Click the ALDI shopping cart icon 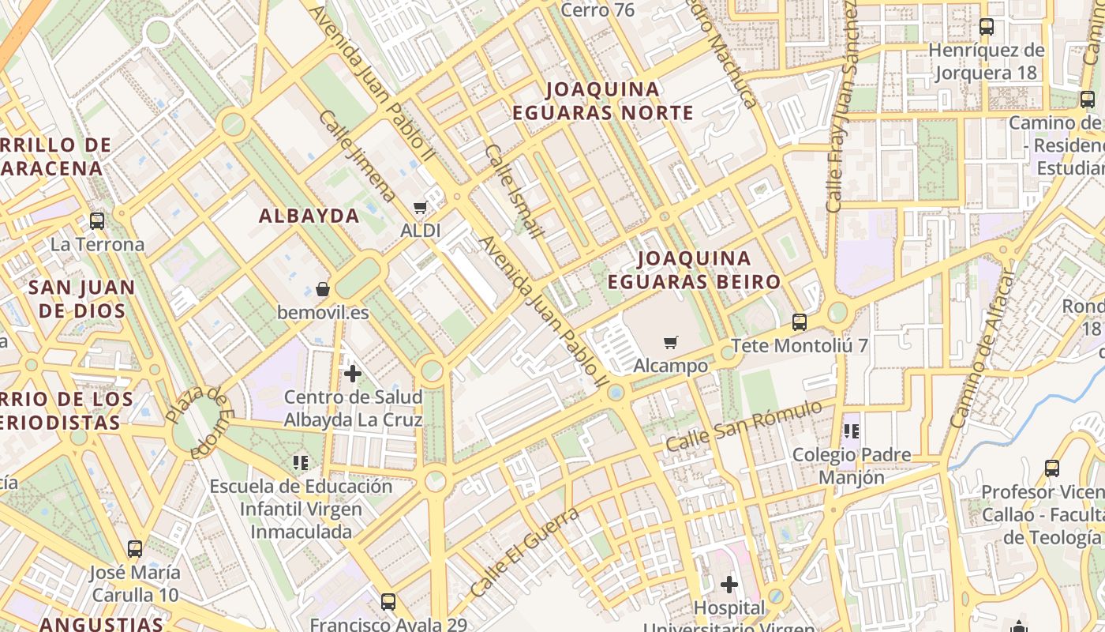421,208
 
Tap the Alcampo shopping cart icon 670,342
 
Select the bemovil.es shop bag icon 322,289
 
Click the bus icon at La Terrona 97,221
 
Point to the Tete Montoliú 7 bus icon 800,322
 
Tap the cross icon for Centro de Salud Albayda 353,373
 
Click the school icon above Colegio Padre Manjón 851,431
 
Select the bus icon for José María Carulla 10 135,548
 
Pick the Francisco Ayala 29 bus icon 388,602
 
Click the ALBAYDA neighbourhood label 309,216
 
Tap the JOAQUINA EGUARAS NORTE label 603,101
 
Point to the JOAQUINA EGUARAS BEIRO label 694,270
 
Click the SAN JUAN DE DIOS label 82,299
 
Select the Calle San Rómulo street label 745,427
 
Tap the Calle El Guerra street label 525,551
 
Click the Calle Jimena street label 358,156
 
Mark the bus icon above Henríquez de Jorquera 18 987,27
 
